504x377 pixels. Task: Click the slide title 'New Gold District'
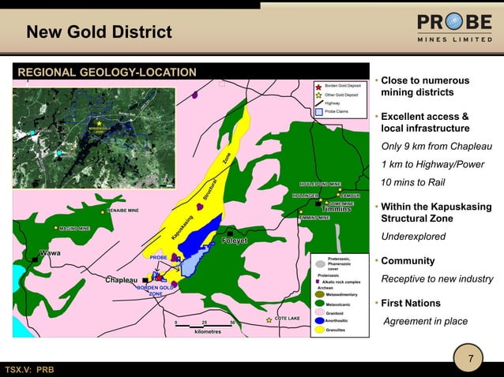coord(99,32)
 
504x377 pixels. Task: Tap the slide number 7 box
coord(471,360)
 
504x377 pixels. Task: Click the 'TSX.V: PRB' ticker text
coord(30,370)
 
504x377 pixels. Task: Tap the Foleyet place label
coord(235,241)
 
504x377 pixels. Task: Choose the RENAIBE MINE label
coord(122,211)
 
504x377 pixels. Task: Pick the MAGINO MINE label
coord(73,228)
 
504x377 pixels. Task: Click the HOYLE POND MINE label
coord(320,183)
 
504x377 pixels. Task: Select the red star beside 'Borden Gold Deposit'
coord(318,85)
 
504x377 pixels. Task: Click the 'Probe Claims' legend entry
coord(339,111)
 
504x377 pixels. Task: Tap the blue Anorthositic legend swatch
coord(319,321)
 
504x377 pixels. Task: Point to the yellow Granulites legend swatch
coord(319,330)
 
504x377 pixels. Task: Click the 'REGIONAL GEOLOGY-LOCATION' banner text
coord(107,73)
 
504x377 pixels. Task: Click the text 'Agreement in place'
coord(425,321)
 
